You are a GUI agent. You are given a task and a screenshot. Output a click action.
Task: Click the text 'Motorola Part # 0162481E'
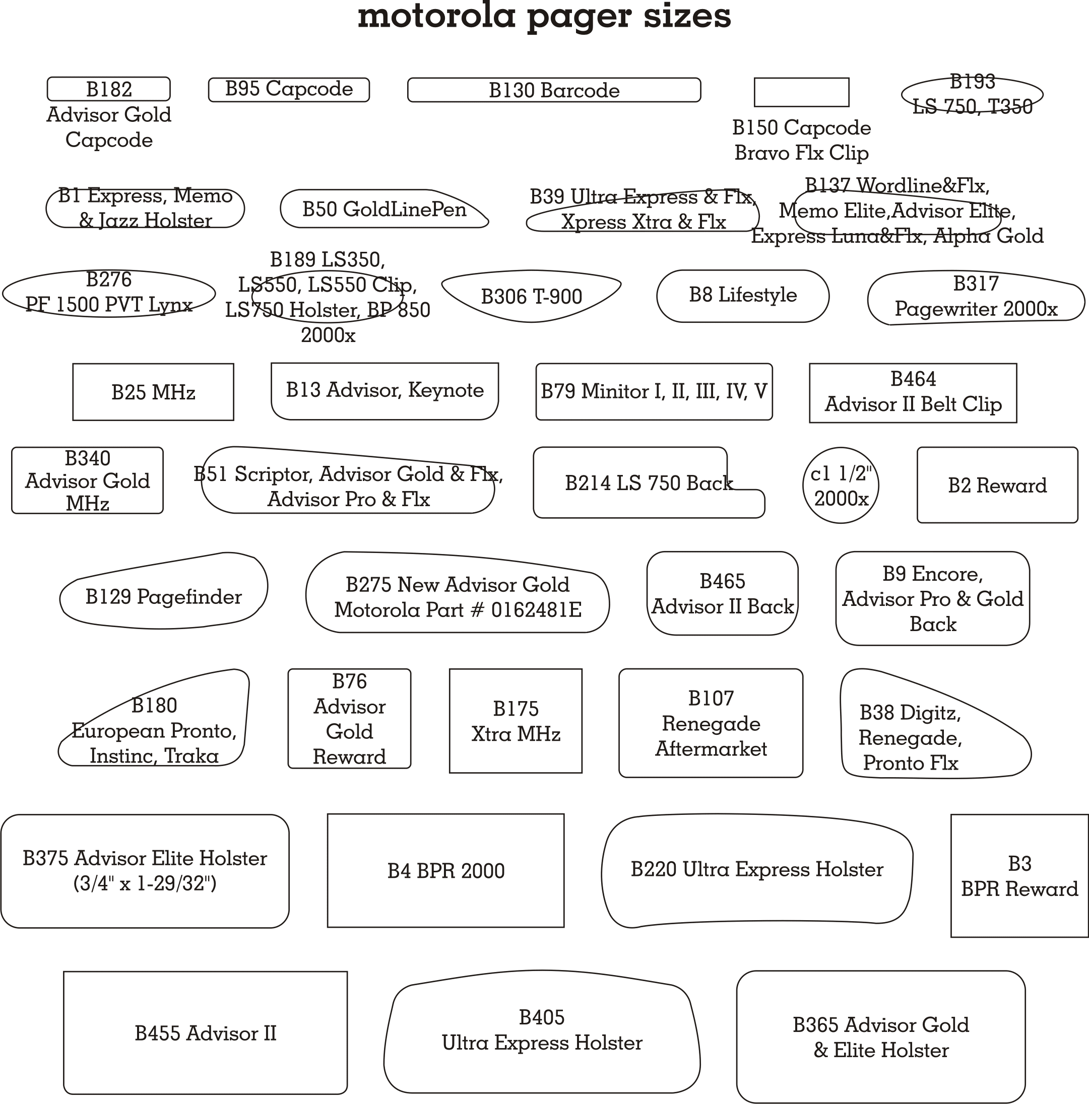[x=458, y=610]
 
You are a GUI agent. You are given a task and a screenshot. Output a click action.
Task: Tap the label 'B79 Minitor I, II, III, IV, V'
[x=654, y=391]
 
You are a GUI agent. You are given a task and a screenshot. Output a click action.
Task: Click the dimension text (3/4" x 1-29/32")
[x=145, y=883]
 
